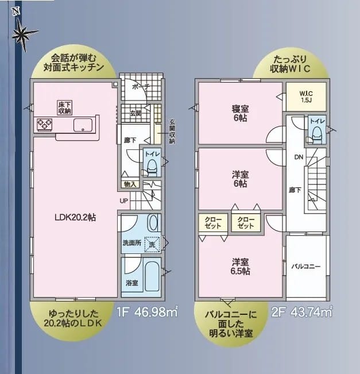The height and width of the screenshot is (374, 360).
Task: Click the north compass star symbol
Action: [24, 34]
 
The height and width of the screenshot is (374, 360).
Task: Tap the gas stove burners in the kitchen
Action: [45, 125]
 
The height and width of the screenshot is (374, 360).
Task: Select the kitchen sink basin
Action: [83, 125]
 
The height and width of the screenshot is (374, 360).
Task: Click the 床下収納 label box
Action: [65, 108]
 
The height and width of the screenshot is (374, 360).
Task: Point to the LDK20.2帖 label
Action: [75, 217]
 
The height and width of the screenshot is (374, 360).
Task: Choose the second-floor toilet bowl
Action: [317, 133]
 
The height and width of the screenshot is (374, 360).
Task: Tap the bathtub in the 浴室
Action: [152, 276]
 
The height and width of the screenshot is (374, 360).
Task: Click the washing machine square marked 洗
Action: [152, 244]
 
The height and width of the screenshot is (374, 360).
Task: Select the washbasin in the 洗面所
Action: [153, 222]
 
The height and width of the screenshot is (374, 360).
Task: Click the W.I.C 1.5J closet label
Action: [306, 97]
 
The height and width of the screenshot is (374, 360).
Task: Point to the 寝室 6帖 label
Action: [240, 113]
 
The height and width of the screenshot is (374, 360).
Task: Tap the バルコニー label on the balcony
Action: [306, 266]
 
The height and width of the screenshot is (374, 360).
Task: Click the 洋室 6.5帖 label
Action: [240, 267]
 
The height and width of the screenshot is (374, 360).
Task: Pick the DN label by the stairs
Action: [299, 157]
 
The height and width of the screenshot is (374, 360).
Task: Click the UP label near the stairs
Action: [124, 201]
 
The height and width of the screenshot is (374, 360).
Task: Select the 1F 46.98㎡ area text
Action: [147, 311]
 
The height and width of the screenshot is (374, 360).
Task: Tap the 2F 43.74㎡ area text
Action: [301, 311]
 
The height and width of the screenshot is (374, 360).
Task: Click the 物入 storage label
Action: [130, 184]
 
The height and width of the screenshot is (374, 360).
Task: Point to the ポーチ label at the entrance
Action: [141, 87]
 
